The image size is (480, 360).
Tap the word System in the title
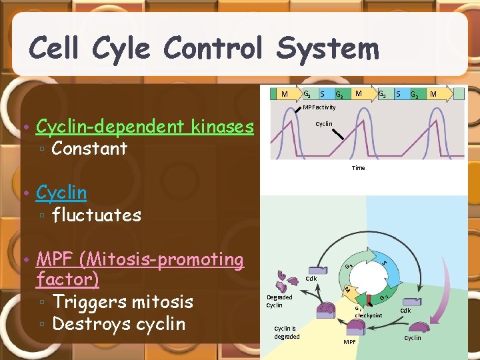coord(327,48)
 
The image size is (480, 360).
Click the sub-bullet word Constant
coord(89,148)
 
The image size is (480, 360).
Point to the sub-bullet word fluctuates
coord(97,215)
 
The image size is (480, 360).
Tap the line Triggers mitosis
coord(123,301)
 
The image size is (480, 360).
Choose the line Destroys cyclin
coord(119,323)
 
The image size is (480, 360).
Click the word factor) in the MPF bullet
coord(67,279)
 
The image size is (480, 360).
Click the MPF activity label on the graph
coord(319,107)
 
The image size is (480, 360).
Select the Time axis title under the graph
coord(358,168)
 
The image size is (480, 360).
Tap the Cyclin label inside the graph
coord(324,124)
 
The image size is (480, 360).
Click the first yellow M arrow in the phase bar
coord(285,94)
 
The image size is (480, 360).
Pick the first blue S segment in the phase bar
coord(323,94)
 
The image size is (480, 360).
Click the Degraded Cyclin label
coord(279,301)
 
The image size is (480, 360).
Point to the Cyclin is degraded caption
coord(287,332)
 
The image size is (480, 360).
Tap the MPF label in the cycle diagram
coord(349,341)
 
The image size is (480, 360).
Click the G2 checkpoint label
coord(367,313)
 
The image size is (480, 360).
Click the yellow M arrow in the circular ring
coord(346,289)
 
